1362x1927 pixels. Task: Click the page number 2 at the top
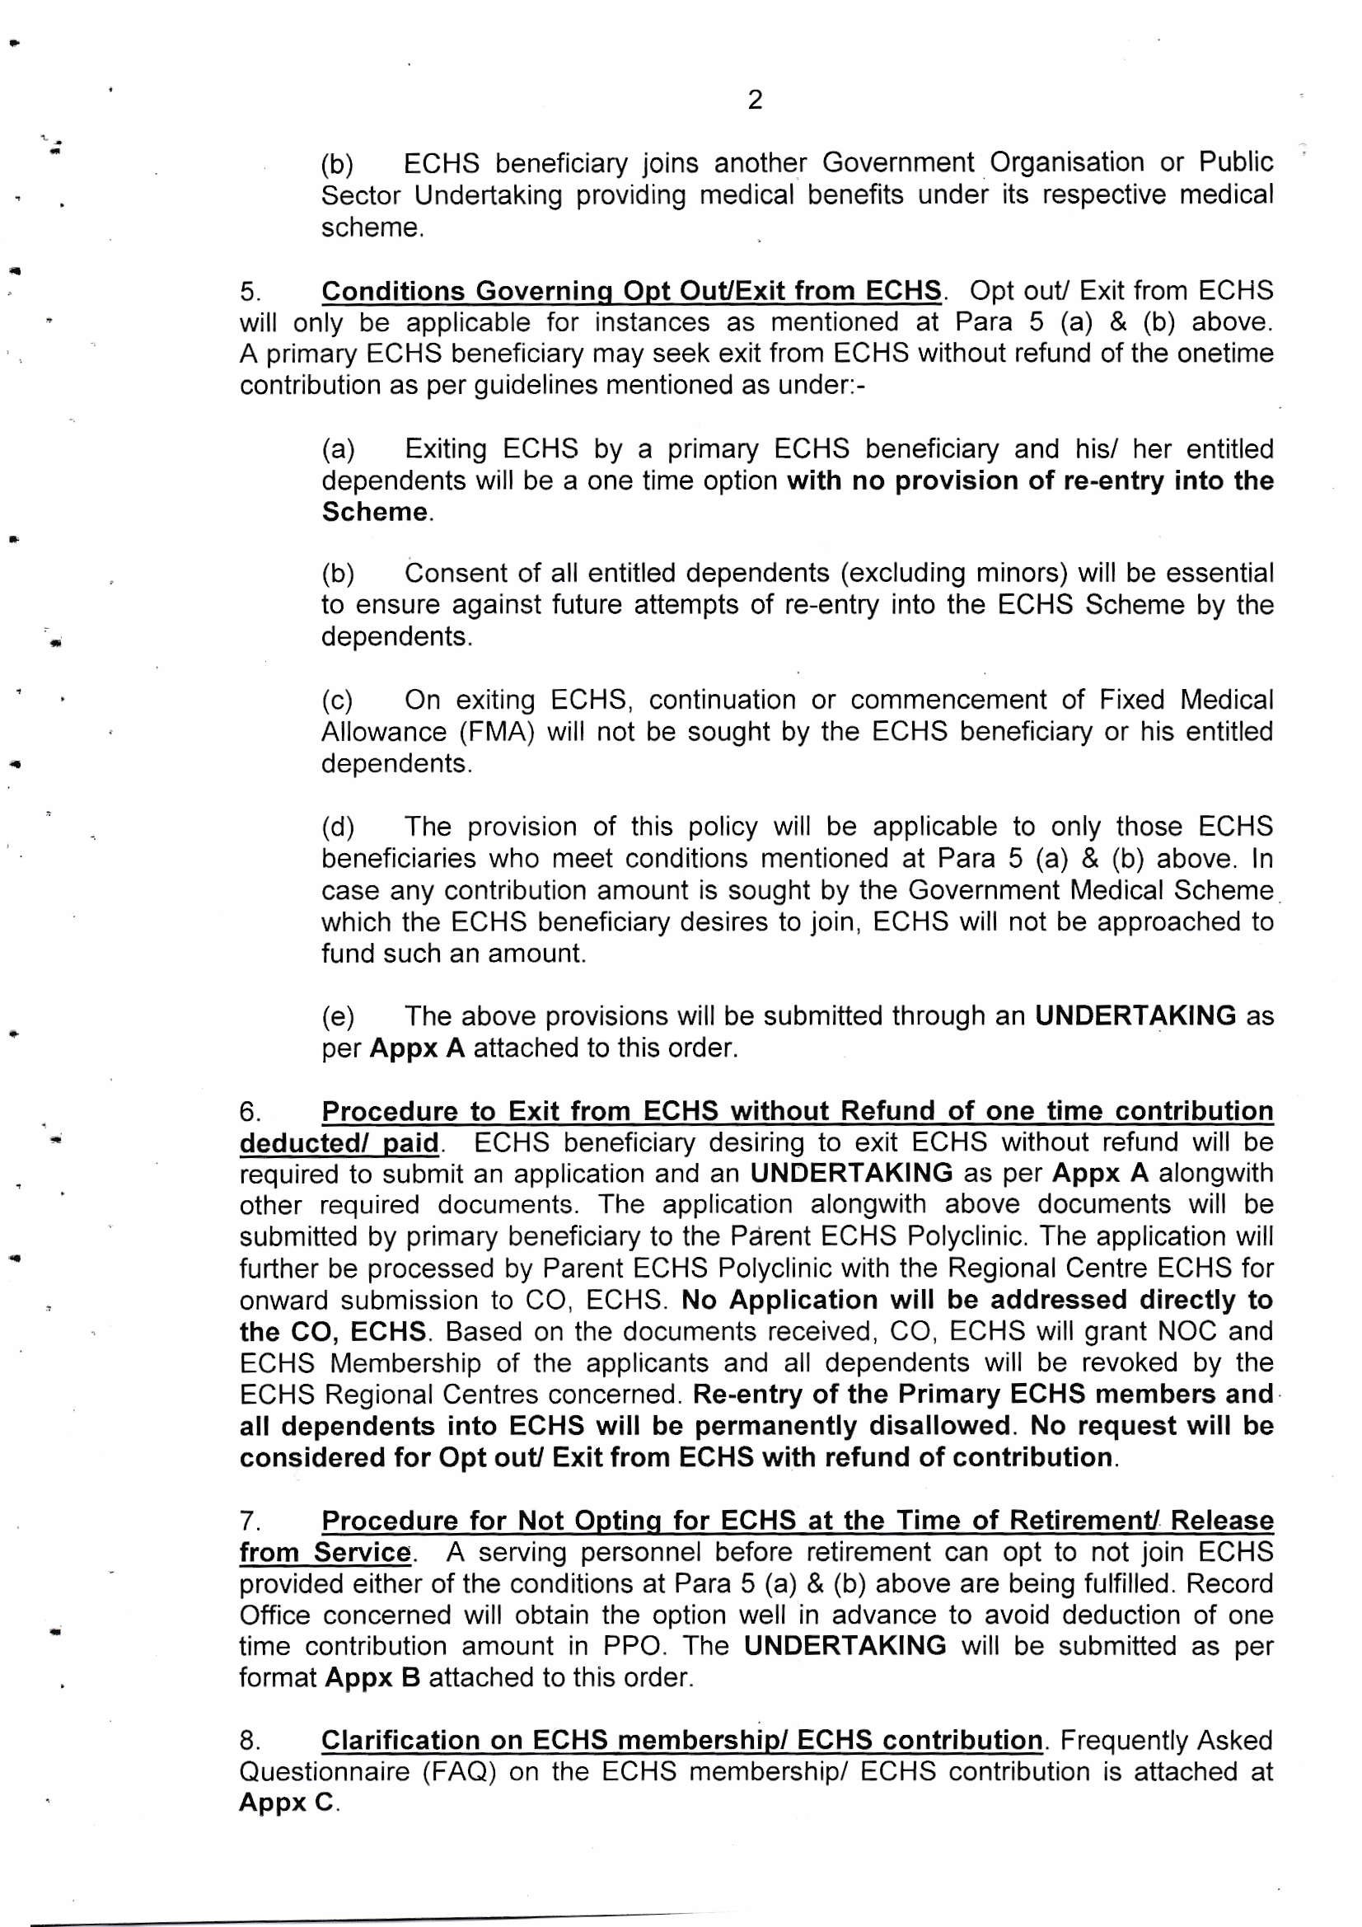(755, 100)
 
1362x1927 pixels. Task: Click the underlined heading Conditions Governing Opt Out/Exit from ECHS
(631, 291)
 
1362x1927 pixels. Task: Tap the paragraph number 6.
(250, 1112)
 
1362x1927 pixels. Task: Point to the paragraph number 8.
(250, 1742)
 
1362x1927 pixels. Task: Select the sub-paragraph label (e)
(337, 1017)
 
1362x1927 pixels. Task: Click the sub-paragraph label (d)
(337, 828)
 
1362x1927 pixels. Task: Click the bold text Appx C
(286, 1803)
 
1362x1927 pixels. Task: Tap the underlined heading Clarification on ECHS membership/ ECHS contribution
(681, 1741)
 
